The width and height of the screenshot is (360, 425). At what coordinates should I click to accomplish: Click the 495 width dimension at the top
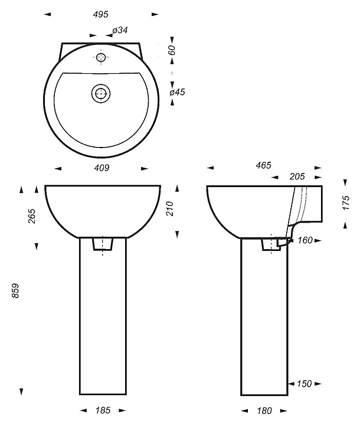tap(100, 14)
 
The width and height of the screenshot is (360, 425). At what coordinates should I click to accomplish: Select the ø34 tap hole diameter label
tap(120, 30)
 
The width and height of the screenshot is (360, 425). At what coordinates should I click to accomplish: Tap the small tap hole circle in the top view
tap(101, 57)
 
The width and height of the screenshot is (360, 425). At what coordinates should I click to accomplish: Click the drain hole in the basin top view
tap(101, 93)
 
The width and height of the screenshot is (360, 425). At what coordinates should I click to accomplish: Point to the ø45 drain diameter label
tap(177, 92)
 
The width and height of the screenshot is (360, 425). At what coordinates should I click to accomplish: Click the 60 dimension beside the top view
tap(172, 50)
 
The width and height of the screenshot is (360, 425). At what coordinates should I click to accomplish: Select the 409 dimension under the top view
tap(102, 168)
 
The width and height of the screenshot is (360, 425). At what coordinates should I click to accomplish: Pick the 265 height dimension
tap(32, 216)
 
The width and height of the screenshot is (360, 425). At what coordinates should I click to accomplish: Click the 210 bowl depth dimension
tap(170, 208)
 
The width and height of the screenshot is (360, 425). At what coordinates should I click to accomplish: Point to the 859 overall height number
tap(15, 290)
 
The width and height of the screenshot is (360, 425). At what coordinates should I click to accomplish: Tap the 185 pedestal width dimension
tap(103, 410)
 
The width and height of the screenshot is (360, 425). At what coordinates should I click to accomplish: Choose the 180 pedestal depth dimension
tap(264, 411)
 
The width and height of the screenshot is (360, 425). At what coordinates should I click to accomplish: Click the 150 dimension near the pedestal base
tap(305, 384)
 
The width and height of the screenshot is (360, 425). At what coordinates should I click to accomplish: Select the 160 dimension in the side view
tap(305, 240)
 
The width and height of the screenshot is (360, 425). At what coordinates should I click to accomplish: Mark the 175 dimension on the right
tap(346, 202)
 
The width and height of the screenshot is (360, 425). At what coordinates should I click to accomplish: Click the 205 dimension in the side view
tap(297, 176)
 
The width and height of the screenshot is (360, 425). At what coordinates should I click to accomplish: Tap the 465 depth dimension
tap(263, 165)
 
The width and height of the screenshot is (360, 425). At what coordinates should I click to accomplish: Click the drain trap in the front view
tap(103, 244)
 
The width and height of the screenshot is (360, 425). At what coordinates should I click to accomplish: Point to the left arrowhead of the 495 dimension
tap(47, 14)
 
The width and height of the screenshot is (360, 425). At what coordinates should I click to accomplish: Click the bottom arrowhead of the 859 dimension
tap(21, 391)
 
